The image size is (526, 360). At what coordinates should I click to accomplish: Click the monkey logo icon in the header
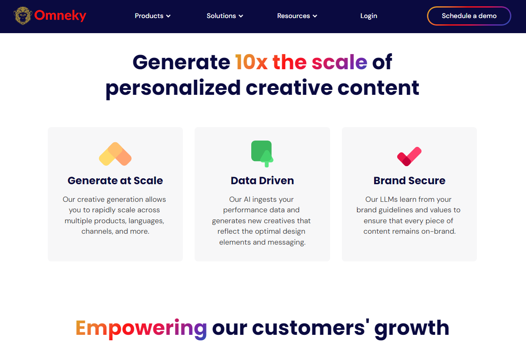(x=23, y=16)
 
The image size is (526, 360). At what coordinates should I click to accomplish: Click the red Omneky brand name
(x=60, y=16)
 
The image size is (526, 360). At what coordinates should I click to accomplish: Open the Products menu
(x=152, y=16)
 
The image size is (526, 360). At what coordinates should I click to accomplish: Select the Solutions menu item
(x=225, y=16)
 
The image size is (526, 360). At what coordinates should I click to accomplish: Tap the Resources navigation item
(x=297, y=16)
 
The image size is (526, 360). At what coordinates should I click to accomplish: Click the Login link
(x=369, y=16)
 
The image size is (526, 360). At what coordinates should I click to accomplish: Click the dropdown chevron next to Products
(x=168, y=16)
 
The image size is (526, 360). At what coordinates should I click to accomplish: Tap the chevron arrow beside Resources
(x=315, y=16)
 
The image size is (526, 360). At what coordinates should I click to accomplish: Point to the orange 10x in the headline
(x=251, y=62)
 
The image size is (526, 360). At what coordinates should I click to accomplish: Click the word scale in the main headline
(x=339, y=62)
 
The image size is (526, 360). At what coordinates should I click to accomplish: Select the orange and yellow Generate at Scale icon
(x=115, y=154)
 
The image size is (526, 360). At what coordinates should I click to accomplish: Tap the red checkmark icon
(x=409, y=157)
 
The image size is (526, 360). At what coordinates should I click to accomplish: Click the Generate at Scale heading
(x=115, y=180)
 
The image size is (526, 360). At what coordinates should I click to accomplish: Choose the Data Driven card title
(x=262, y=180)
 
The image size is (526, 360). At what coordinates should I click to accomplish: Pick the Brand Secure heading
(x=409, y=180)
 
